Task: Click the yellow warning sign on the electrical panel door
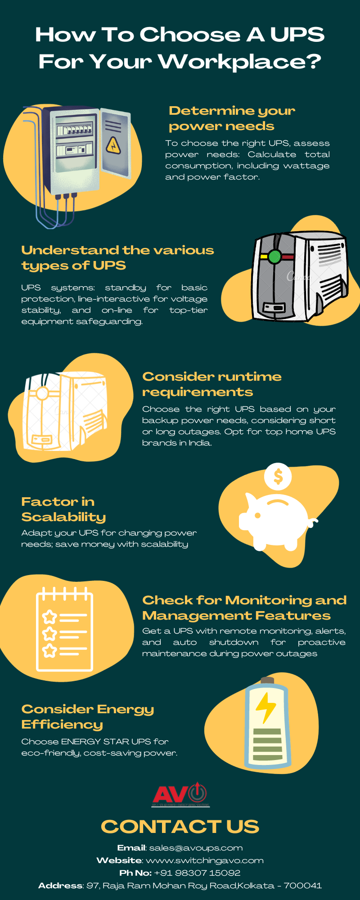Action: pyautogui.click(x=113, y=145)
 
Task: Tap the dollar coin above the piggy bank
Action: pyautogui.click(x=278, y=477)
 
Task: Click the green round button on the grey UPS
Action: pyautogui.click(x=274, y=256)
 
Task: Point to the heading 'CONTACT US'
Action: pyautogui.click(x=180, y=826)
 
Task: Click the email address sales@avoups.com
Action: pyautogui.click(x=196, y=848)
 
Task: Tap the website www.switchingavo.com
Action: pyautogui.click(x=205, y=860)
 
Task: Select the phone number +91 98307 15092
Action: pyautogui.click(x=197, y=873)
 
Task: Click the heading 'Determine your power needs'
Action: pyautogui.click(x=232, y=118)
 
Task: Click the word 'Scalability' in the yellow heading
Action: pyautogui.click(x=63, y=517)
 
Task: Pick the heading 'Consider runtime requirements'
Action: pyautogui.click(x=211, y=384)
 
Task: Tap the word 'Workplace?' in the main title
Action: pyautogui.click(x=240, y=62)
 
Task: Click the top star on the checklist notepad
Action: pyautogui.click(x=49, y=617)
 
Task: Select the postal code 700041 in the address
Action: pyautogui.click(x=302, y=886)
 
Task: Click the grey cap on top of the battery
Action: pyautogui.click(x=267, y=680)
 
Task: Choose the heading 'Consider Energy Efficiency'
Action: pyautogui.click(x=88, y=716)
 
